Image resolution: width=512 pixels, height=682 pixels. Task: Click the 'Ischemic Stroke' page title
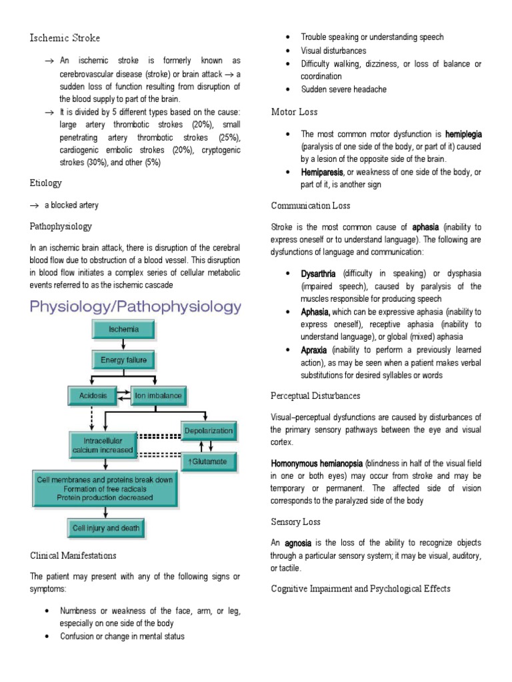65,38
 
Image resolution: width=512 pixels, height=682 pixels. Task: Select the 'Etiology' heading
45,182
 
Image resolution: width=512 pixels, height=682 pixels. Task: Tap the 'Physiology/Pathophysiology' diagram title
135,307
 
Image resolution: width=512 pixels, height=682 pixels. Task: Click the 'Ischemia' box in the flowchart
123,330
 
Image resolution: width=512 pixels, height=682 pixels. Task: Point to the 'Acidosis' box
91,396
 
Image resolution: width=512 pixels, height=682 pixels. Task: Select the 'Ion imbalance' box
158,396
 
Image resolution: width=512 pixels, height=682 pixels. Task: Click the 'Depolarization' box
209,431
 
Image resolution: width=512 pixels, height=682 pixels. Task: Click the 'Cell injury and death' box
106,529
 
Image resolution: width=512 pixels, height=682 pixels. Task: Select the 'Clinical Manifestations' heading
73,555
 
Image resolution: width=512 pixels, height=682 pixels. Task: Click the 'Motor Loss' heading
295,111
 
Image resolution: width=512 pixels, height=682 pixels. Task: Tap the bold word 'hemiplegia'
463,134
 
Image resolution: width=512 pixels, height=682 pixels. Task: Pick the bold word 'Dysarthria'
319,274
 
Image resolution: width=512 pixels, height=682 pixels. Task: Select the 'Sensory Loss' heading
296,521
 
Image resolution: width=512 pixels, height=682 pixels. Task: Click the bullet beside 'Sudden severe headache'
287,89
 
